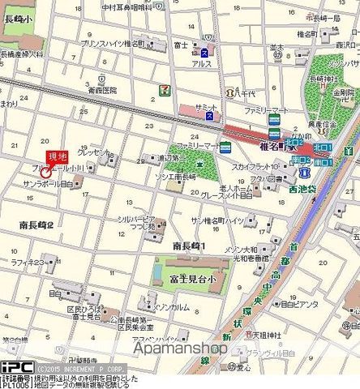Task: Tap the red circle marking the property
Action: point(45,172)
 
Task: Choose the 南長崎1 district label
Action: point(190,245)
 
